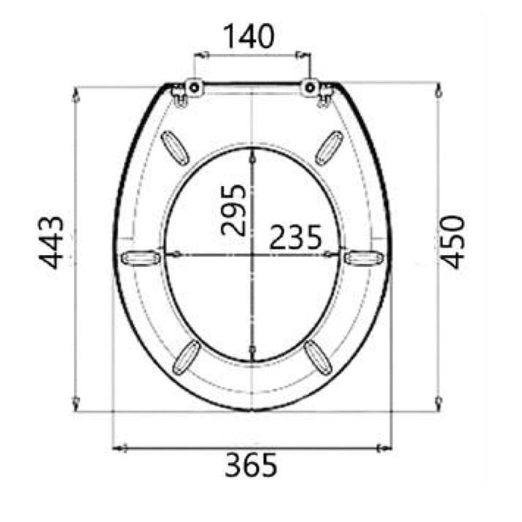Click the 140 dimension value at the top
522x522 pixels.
point(249,37)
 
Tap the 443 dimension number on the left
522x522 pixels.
point(51,242)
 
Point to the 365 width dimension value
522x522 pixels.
point(251,465)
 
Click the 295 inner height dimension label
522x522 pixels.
point(233,210)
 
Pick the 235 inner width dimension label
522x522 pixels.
point(296,238)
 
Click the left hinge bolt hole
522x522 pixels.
point(194,88)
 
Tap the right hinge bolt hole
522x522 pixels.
point(310,88)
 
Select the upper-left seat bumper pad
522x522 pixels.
point(174,148)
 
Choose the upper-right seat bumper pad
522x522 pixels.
point(329,148)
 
